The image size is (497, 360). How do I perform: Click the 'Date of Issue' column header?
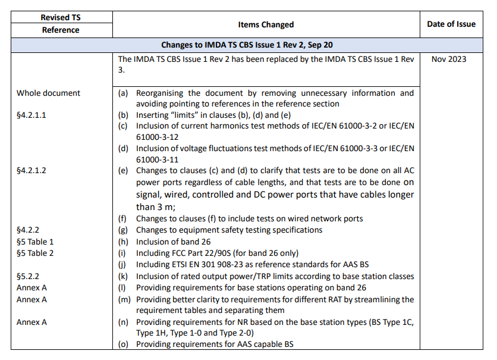click(x=451, y=24)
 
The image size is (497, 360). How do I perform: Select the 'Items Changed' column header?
click(x=266, y=24)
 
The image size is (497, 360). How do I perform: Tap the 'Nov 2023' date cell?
click(x=449, y=59)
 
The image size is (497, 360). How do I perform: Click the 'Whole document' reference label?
click(x=48, y=93)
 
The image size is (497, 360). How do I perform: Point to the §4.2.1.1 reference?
click(x=31, y=115)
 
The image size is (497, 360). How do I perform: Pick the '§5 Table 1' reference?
click(x=35, y=242)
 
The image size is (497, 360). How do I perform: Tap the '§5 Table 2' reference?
click(x=35, y=253)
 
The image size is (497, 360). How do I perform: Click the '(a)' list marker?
click(x=124, y=93)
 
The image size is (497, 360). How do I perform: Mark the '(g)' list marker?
click(x=124, y=230)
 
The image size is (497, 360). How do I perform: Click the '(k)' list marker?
click(x=124, y=277)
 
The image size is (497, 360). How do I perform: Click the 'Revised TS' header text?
click(x=60, y=18)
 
